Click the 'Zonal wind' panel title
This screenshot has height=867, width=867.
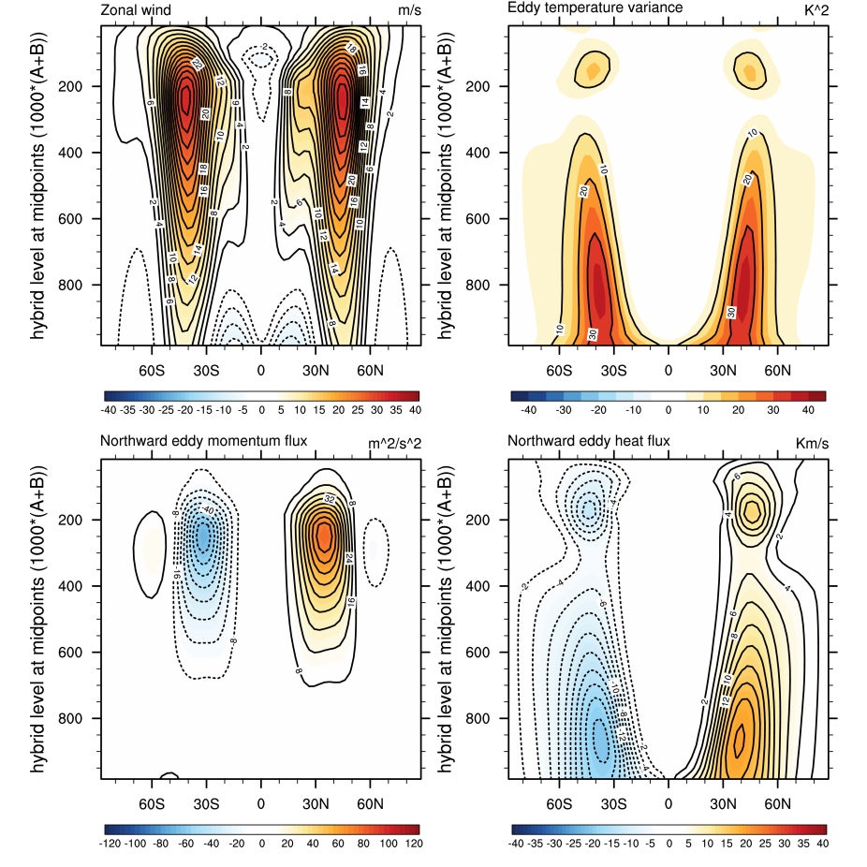point(138,9)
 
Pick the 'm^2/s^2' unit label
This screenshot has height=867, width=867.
point(397,442)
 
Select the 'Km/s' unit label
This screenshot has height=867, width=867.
point(811,442)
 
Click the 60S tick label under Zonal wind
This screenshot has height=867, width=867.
point(152,370)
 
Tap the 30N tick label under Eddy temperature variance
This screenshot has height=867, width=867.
point(723,370)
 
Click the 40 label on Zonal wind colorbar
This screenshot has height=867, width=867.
point(412,411)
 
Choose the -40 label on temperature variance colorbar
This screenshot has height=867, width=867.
point(528,411)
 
